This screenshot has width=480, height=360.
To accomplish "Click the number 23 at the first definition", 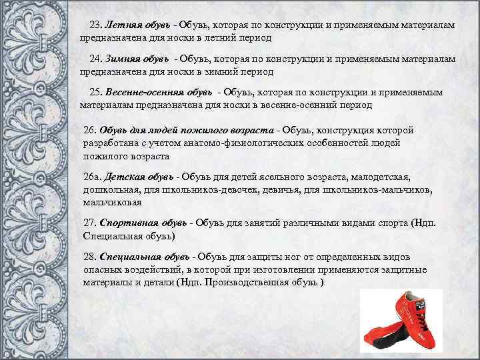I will point(95,25).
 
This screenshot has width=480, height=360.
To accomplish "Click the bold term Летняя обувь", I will point(137,25).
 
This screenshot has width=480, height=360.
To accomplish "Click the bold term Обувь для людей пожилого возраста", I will point(189,130).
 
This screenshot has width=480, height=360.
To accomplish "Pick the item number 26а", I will point(91,178).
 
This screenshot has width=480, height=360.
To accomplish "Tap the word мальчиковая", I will point(112,203).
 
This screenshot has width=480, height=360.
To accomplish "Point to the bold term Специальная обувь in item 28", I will point(144,257).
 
